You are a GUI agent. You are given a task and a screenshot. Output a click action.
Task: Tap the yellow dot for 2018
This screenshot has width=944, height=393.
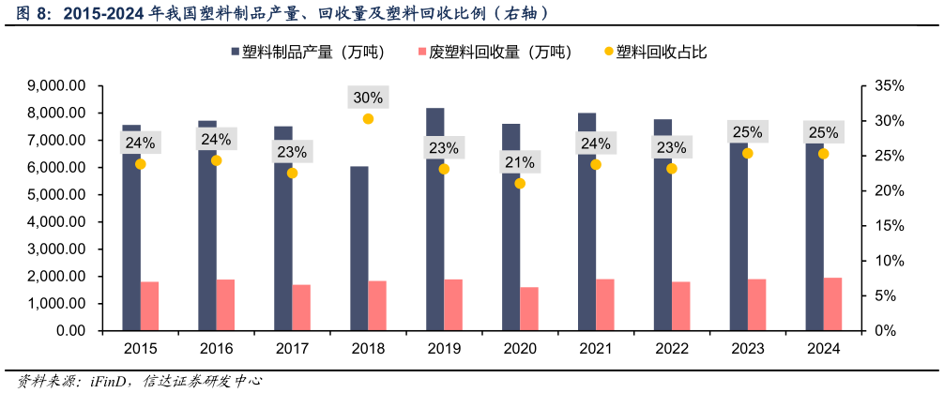point(368,119)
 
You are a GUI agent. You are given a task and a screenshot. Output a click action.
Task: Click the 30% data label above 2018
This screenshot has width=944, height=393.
point(368,98)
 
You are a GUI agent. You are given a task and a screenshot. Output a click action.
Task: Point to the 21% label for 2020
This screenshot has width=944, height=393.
point(520,162)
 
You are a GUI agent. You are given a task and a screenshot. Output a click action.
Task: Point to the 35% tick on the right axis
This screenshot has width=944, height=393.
point(888,85)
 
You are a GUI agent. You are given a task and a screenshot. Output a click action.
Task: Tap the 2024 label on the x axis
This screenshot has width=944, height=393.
point(824,348)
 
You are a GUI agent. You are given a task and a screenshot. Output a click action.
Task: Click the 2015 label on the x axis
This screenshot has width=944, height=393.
point(141,348)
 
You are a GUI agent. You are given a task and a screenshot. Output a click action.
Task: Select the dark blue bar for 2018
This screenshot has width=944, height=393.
point(358,249)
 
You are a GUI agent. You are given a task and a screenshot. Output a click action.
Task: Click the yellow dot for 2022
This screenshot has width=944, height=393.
point(672,169)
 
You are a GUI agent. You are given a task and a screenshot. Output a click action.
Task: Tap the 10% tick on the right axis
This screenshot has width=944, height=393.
point(888,261)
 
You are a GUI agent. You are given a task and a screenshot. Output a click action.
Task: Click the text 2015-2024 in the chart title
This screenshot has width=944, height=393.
point(102,13)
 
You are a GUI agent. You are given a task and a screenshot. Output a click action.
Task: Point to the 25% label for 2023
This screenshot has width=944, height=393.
point(748,132)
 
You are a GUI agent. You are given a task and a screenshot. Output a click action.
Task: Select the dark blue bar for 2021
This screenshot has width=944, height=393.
point(586,225)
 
